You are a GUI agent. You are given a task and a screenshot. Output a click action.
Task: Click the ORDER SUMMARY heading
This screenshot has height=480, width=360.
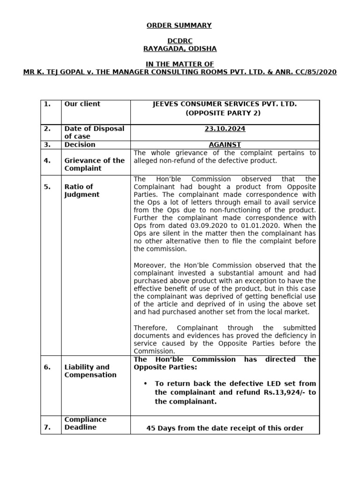180,25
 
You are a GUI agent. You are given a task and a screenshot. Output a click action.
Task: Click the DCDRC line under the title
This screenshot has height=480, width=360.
180,41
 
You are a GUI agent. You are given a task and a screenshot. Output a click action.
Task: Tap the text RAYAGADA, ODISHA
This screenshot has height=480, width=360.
180,49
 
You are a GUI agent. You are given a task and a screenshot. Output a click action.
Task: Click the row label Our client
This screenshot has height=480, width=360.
82,104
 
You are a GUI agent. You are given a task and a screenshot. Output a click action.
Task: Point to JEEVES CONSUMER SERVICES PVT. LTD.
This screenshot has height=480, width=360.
225,104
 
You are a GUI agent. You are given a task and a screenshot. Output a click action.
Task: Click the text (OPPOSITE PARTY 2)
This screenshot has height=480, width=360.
225,113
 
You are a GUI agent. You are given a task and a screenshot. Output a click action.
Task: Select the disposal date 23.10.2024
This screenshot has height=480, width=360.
225,129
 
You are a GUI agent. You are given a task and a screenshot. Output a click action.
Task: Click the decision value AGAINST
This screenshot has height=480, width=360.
225,145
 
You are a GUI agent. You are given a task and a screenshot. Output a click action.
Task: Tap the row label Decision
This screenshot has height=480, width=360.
80,145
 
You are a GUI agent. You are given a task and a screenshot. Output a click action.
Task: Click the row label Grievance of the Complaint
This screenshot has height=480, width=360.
94,164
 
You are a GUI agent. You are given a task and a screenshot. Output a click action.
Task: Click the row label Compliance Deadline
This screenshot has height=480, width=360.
85,423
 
